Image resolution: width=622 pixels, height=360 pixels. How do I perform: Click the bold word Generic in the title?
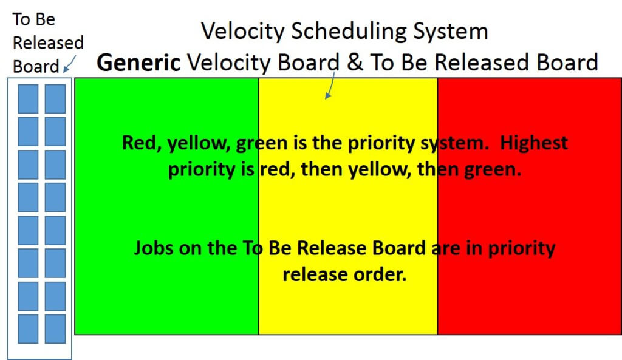[138, 63]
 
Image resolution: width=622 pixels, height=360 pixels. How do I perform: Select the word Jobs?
[152, 248]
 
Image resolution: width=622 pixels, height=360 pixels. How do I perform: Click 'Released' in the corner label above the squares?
[48, 43]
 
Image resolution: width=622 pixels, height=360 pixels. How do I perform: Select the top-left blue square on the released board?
[28, 98]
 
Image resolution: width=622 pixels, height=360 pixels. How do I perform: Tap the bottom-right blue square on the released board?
[55, 328]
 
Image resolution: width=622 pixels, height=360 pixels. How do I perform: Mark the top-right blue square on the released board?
[55, 98]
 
